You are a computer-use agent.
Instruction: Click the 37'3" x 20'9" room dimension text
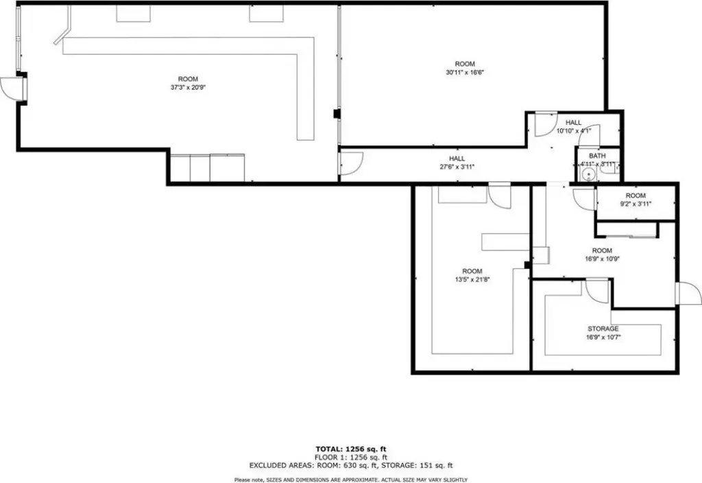pyautogui.click(x=188, y=88)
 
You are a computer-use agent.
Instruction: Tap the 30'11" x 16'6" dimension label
pyautogui.click(x=465, y=72)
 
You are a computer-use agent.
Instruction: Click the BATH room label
pyautogui.click(x=597, y=156)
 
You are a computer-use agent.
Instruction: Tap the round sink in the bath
pyautogui.click(x=587, y=174)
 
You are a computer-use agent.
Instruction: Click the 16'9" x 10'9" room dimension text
pyautogui.click(x=602, y=259)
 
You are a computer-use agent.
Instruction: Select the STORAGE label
pyautogui.click(x=603, y=329)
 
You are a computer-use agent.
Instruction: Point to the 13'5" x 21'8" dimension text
pyautogui.click(x=472, y=279)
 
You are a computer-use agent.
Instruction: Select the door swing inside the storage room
pyautogui.click(x=598, y=290)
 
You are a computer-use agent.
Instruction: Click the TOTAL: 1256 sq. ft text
pyautogui.click(x=351, y=449)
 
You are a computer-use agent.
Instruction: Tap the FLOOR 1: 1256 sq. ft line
pyautogui.click(x=351, y=458)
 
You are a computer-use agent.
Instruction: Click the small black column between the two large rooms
pyautogui.click(x=337, y=114)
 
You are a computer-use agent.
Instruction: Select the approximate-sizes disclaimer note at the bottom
pyautogui.click(x=351, y=480)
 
